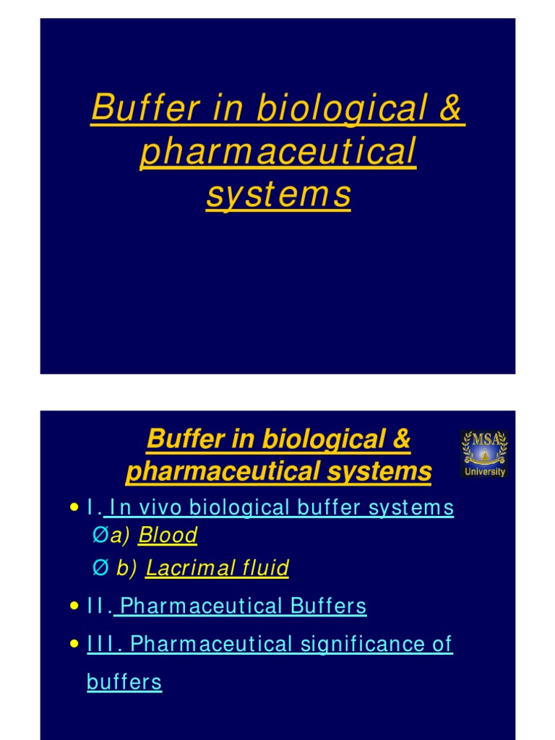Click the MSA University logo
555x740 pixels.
coord(483,454)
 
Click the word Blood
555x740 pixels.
coord(168,535)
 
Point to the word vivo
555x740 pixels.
coord(159,508)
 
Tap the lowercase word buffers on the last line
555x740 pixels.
coord(124,681)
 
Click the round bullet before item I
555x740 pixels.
coord(74,509)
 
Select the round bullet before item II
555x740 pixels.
coord(74,607)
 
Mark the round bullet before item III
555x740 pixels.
coord(74,645)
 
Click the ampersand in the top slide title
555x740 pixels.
coord(449,108)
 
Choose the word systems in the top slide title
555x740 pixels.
coord(278,195)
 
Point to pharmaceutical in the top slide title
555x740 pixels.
coord(278,152)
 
